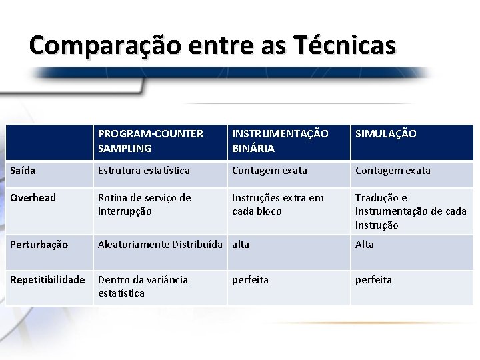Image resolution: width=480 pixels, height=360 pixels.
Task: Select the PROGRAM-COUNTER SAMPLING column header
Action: (x=151, y=141)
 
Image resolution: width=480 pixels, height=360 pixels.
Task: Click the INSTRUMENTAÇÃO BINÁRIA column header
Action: (x=280, y=141)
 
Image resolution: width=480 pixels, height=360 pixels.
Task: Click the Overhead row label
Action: (x=33, y=198)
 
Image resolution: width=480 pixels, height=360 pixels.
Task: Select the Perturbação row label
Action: (x=39, y=245)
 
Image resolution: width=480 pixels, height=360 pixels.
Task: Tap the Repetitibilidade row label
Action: (x=47, y=280)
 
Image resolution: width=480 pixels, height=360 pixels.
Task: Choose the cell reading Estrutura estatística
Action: (x=144, y=171)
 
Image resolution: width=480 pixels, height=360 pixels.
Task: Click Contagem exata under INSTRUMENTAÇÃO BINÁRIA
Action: (x=269, y=171)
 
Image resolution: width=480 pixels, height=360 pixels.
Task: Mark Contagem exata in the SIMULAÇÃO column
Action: (x=393, y=171)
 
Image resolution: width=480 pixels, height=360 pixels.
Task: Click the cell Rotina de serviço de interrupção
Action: (x=144, y=205)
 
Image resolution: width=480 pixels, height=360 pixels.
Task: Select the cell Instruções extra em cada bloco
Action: (x=277, y=205)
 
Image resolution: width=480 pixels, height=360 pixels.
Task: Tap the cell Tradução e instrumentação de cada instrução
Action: (x=411, y=211)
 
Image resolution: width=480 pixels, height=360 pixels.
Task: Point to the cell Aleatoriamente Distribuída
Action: (x=159, y=245)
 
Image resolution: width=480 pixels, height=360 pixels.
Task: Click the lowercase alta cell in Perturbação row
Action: (x=241, y=245)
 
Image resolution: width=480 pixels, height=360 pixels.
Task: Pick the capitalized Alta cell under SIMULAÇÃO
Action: (x=365, y=245)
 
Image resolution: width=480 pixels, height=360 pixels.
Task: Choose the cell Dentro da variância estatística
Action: (x=143, y=287)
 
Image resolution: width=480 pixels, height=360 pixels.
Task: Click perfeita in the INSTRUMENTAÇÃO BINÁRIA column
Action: (x=250, y=280)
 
